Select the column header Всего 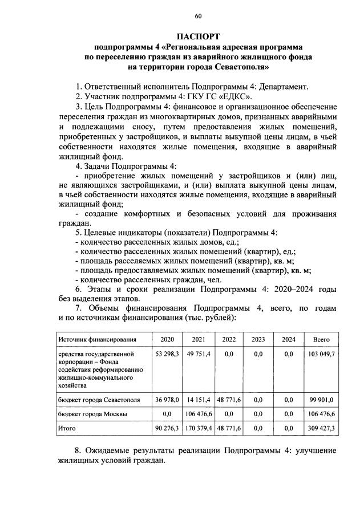(x=322, y=339)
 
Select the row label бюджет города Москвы (x=92, y=413)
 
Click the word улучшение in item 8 (x=312, y=450)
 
